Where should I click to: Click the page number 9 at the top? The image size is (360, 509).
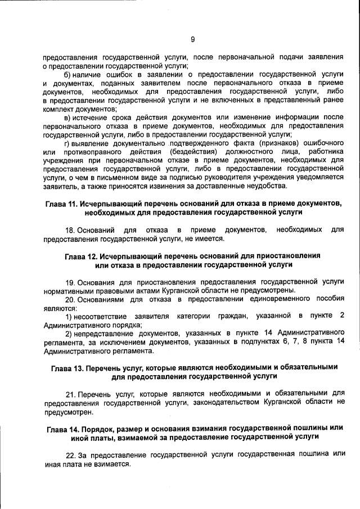coord(192,39)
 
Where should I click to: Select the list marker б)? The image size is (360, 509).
coord(68,74)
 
